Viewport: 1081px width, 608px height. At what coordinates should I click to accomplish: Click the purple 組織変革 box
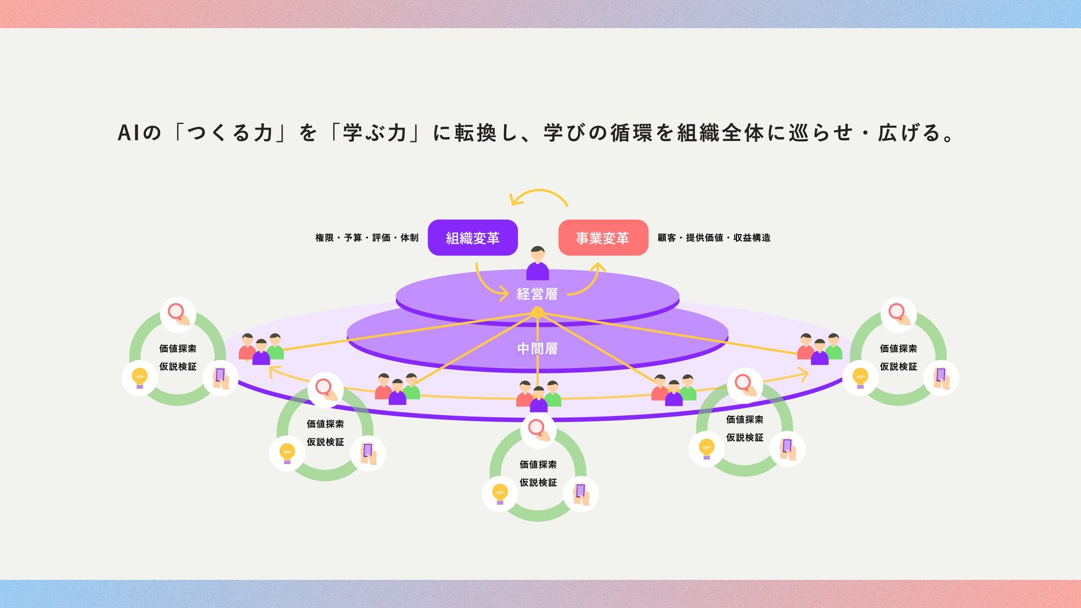coord(472,238)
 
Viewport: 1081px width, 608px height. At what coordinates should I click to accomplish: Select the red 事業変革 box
coord(603,238)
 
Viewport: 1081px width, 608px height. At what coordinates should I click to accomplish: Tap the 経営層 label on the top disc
coord(537,294)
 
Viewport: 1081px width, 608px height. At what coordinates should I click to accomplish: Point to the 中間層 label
coord(537,349)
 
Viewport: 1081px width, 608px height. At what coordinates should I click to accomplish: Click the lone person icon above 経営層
coord(538,263)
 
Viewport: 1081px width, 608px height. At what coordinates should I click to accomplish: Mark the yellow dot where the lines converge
coord(538,312)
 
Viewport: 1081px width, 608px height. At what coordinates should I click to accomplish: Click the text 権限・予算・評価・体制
coord(367,238)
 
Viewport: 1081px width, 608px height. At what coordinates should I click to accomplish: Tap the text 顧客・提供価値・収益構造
coord(714,238)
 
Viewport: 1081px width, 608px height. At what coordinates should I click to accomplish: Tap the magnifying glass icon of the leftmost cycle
coord(178,314)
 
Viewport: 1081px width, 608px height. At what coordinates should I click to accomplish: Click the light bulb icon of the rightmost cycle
coord(860,378)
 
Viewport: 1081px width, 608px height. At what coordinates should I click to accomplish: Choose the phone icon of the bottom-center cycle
coord(580,494)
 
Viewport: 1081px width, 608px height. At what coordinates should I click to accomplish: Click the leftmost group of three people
coord(261,349)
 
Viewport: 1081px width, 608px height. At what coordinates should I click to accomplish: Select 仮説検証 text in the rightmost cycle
coord(899,366)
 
